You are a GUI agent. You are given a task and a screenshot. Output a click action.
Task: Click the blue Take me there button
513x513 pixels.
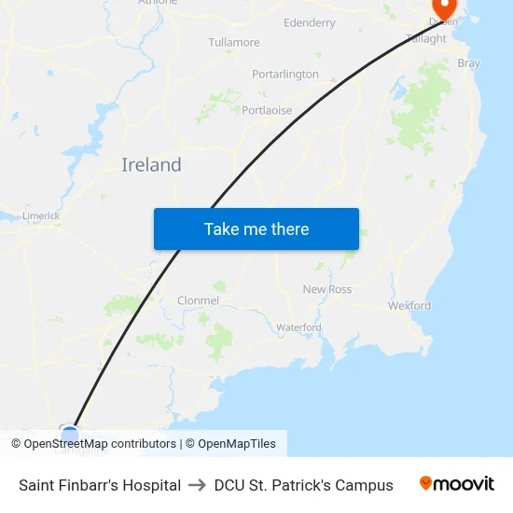[256, 229]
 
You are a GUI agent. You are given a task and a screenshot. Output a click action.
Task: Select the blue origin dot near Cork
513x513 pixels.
[69, 434]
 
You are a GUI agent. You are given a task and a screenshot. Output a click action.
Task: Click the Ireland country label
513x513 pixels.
[151, 165]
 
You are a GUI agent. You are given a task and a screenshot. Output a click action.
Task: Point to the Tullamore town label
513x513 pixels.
[234, 43]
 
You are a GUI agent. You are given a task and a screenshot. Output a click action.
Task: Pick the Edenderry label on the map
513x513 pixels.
[309, 22]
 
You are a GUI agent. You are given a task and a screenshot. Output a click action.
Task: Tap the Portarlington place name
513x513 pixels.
[285, 74]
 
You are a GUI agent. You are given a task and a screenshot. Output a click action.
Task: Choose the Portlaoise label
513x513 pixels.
[267, 110]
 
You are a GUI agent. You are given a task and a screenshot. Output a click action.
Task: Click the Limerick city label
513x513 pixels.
[41, 215]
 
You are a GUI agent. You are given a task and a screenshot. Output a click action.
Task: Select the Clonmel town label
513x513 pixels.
[198, 301]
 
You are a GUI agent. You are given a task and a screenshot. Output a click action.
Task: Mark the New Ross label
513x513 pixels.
[327, 289]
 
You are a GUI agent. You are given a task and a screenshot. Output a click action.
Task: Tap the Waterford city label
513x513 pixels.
[298, 327]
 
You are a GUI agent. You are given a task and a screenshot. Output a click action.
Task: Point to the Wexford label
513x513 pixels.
[409, 305]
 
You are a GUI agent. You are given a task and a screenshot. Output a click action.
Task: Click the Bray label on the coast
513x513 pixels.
[468, 63]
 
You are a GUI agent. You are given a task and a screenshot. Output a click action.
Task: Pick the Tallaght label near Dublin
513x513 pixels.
[426, 38]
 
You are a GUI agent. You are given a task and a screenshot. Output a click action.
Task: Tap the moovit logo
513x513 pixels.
[457, 483]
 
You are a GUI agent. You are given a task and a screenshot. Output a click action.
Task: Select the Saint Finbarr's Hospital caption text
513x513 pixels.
[100, 485]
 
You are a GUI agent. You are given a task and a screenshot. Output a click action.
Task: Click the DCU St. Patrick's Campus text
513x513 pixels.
[303, 485]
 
